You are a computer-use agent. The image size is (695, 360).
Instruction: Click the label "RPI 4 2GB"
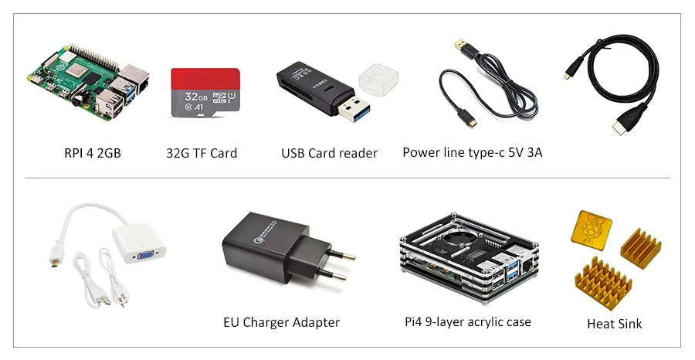92,153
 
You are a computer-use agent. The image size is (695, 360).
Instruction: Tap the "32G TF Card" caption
202,153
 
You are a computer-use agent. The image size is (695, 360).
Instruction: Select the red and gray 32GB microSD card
205,93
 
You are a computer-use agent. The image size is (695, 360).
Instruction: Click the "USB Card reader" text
329,153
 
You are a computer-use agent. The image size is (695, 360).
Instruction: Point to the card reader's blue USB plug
354,107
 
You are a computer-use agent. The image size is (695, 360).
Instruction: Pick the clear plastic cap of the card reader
378,79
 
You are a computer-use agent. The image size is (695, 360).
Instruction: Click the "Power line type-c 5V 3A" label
472,152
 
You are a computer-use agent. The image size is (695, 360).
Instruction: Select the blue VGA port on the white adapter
145,255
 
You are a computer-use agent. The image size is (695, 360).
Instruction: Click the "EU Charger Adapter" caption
281,322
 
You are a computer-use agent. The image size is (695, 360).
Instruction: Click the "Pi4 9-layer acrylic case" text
468,322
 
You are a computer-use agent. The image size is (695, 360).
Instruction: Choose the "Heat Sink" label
615,324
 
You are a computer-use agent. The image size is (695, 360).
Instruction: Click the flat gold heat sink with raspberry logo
592,227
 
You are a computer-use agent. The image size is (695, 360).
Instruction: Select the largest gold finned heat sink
603,283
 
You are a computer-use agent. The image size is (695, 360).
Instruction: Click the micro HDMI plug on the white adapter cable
56,258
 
